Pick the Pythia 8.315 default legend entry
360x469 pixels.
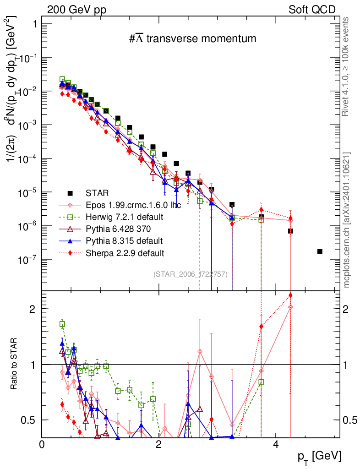click(122, 240)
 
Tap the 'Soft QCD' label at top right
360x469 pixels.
click(312, 10)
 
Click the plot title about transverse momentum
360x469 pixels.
click(192, 39)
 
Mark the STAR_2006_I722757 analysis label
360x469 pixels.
click(190, 274)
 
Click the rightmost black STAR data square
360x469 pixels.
click(320, 251)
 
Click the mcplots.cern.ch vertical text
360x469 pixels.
click(347, 220)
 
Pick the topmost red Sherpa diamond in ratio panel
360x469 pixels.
click(290, 295)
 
